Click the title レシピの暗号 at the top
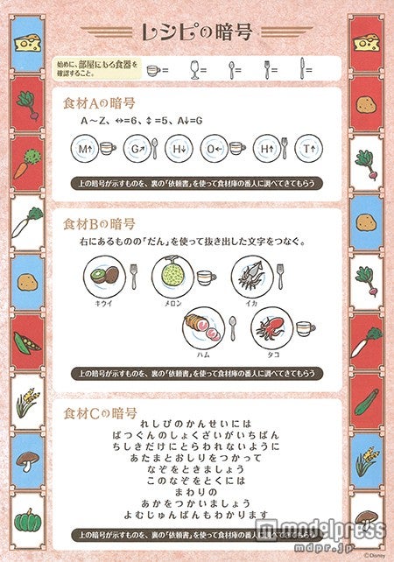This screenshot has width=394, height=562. pyautogui.click(x=196, y=32)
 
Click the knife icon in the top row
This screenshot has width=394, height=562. pyautogui.click(x=302, y=67)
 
